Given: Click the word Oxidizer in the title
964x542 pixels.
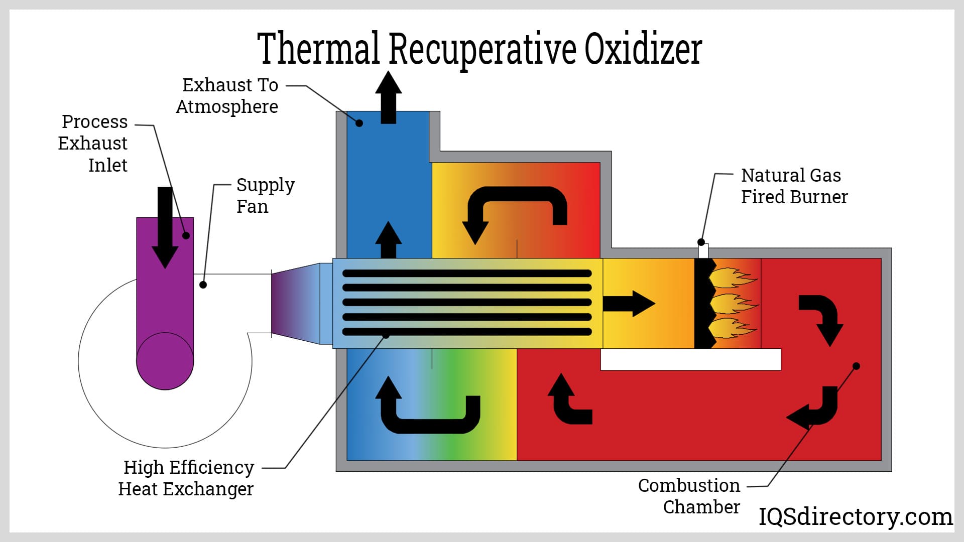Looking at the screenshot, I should click(x=643, y=49).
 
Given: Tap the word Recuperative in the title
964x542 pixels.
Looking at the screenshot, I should click(x=482, y=50).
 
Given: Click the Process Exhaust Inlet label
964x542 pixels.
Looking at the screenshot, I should click(x=93, y=143).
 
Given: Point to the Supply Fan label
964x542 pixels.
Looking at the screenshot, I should click(x=265, y=196).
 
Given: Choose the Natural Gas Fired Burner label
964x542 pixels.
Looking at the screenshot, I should click(x=794, y=186).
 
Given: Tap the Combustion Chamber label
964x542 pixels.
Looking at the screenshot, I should click(x=689, y=496).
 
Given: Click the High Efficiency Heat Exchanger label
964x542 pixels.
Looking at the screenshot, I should click(x=187, y=478).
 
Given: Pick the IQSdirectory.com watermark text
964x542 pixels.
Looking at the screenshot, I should click(x=855, y=516).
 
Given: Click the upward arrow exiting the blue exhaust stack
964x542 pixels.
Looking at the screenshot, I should click(x=389, y=97).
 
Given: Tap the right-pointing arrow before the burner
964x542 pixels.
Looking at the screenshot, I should click(x=629, y=303).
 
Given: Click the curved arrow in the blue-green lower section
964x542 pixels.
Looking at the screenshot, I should click(x=427, y=409).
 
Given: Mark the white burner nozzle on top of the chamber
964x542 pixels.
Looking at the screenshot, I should click(x=703, y=251).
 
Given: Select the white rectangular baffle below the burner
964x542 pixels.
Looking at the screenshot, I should click(x=690, y=359).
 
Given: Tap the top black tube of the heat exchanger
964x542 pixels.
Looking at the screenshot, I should click(x=467, y=274).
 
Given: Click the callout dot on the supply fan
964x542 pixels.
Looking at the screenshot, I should click(x=203, y=285).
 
